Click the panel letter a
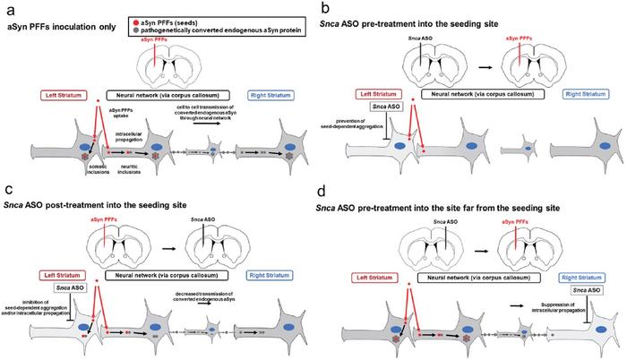(x=9, y=8)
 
